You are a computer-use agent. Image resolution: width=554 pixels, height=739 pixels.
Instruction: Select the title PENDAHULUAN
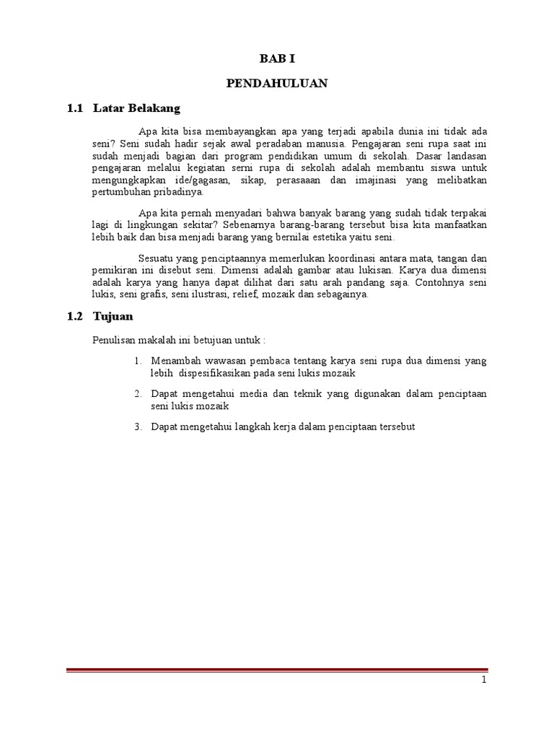pos(277,84)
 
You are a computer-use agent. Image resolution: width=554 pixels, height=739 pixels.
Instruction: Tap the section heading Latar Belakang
pos(136,108)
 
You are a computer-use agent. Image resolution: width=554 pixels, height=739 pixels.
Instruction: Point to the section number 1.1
pos(76,108)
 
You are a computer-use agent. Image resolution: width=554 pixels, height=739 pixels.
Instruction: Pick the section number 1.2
pos(76,316)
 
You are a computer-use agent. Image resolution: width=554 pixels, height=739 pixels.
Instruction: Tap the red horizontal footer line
pos(277,670)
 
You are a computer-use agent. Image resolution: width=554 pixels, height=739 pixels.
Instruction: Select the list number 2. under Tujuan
pos(139,393)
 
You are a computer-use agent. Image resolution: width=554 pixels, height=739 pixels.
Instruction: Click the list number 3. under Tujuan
pos(139,427)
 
